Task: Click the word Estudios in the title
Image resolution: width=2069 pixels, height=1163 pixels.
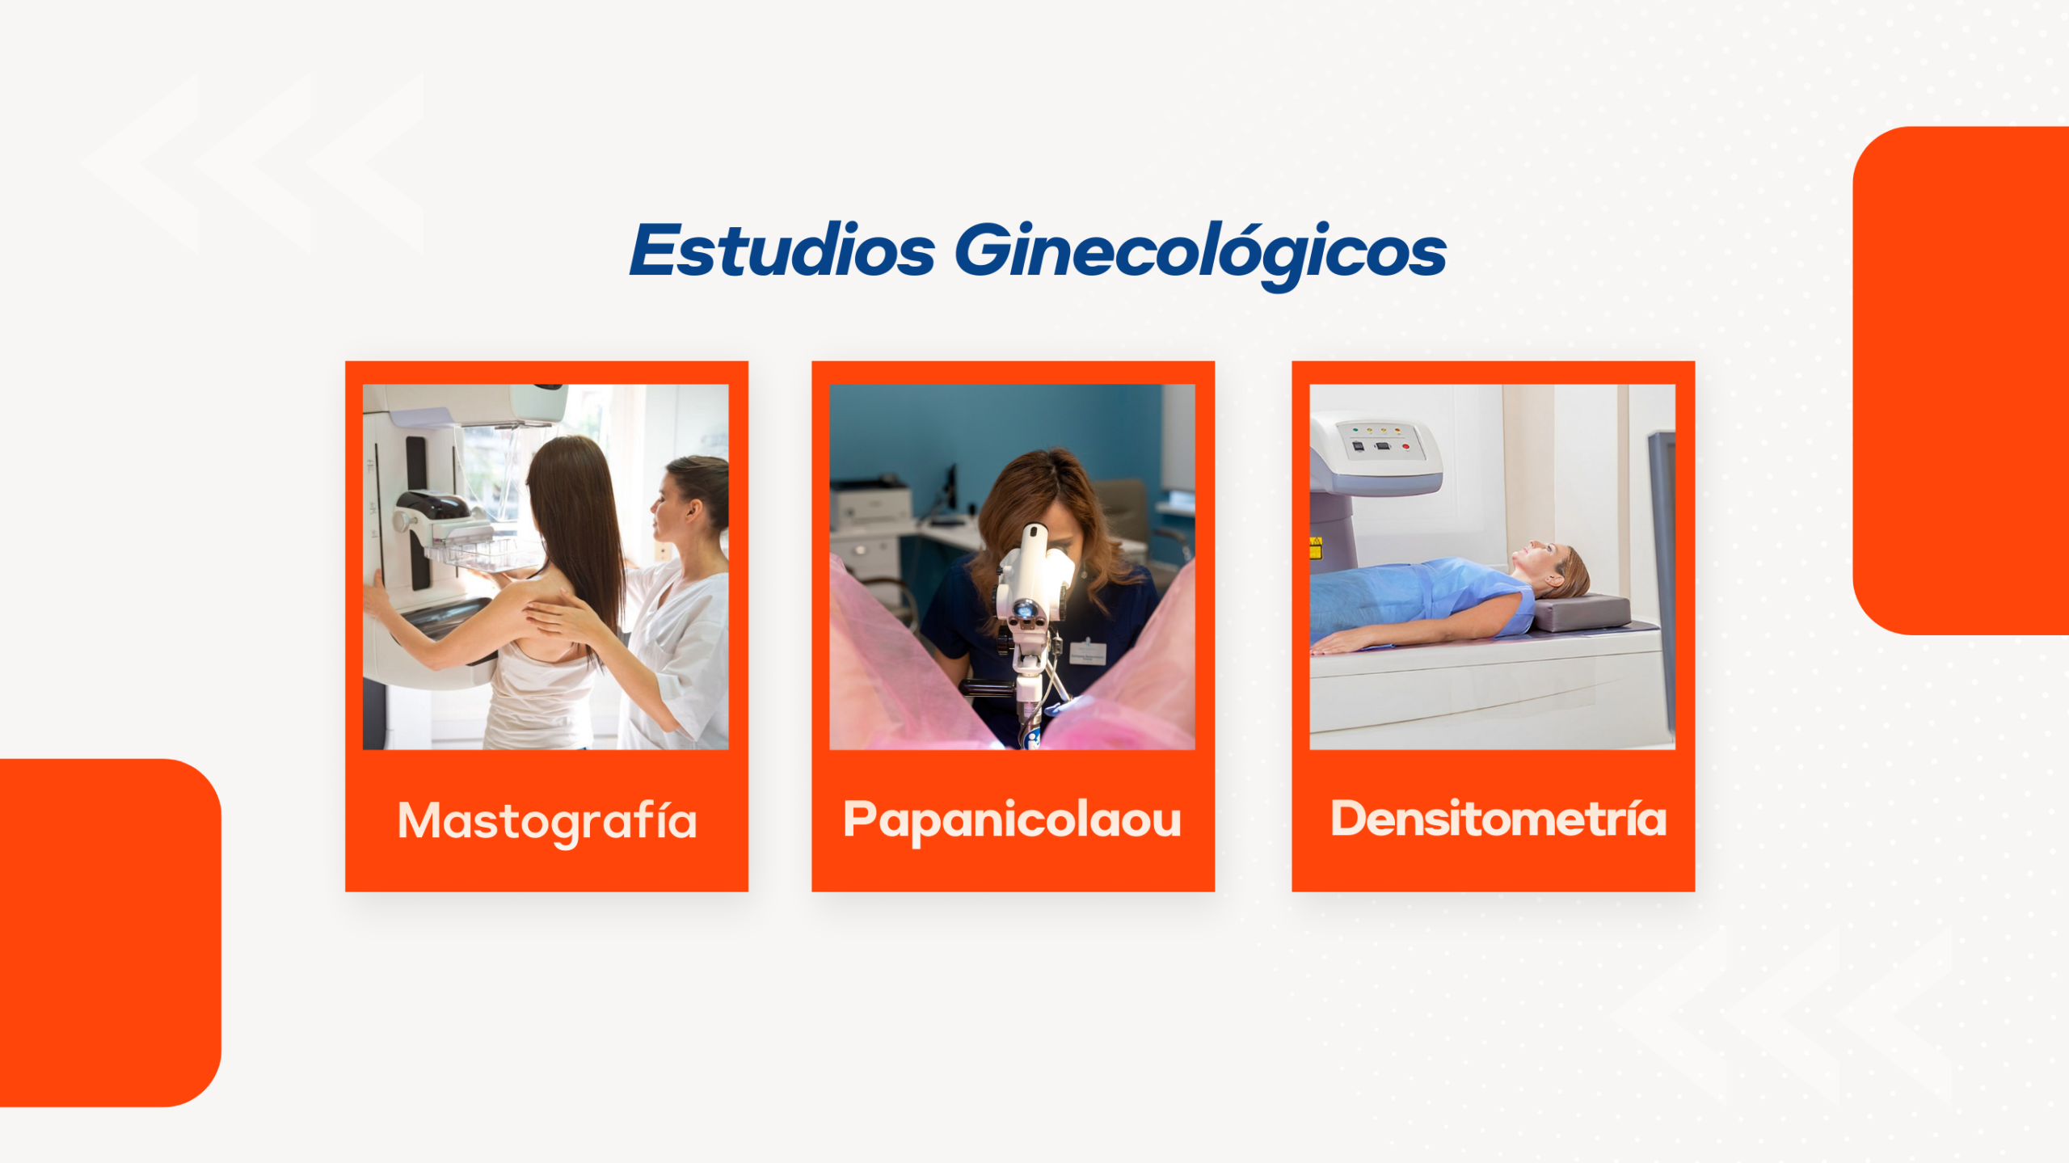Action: pyautogui.click(x=782, y=250)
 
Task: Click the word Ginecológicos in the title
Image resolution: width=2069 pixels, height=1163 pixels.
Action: pyautogui.click(x=1200, y=255)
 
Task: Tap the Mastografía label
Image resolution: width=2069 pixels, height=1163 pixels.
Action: pyautogui.click(x=547, y=822)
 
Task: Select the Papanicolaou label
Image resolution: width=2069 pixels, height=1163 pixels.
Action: pyautogui.click(x=1012, y=821)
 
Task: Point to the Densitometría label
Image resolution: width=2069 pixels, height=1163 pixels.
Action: pyautogui.click(x=1498, y=818)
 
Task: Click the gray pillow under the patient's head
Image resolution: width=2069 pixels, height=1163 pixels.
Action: pyautogui.click(x=1582, y=612)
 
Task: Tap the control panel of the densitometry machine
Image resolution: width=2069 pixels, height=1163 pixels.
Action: pyautogui.click(x=1380, y=443)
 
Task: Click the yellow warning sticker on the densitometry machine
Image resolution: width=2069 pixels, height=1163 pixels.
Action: pyautogui.click(x=1315, y=548)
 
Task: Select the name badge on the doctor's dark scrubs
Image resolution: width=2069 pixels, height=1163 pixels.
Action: pyautogui.click(x=1088, y=651)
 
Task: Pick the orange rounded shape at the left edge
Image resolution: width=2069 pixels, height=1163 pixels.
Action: pyautogui.click(x=110, y=933)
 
